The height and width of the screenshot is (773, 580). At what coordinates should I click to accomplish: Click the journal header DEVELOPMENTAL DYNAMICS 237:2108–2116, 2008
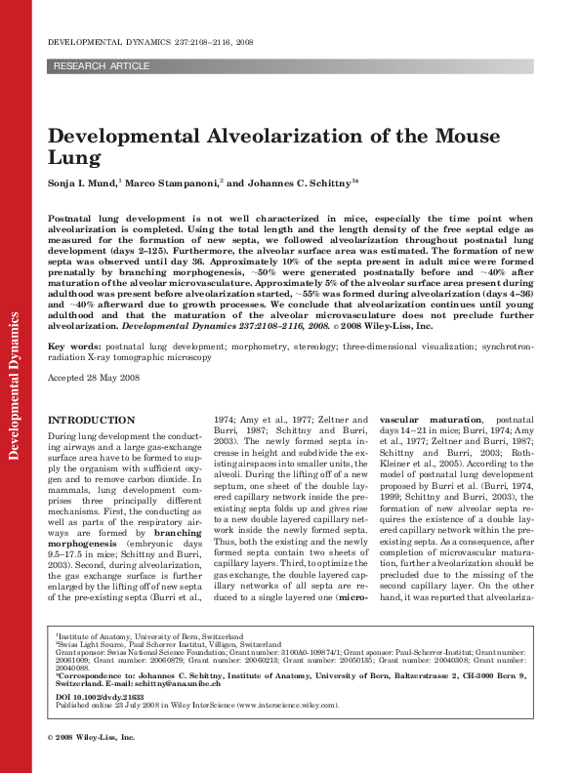150,43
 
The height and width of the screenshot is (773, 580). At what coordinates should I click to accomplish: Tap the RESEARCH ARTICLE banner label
102,66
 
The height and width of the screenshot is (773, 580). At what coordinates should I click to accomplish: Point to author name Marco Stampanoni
173,183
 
